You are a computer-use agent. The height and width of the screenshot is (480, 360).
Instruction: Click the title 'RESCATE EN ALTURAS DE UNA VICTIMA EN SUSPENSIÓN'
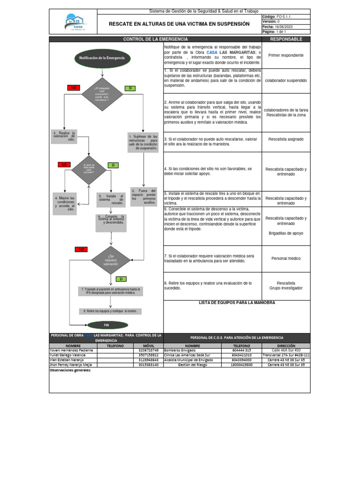pyautogui.click(x=179, y=23)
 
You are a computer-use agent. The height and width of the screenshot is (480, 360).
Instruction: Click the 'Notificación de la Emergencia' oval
pyautogui.click(x=102, y=57)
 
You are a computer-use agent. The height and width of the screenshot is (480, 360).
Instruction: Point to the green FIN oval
pyautogui.click(x=106, y=324)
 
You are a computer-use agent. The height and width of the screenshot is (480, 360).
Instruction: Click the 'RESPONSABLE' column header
pyautogui.click(x=286, y=39)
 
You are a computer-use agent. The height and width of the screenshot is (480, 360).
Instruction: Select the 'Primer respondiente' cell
pyautogui.click(x=286, y=55)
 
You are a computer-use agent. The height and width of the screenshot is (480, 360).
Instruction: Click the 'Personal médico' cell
pyautogui.click(x=286, y=258)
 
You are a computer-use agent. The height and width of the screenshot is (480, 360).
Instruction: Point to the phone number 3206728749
pyautogui.click(x=149, y=350)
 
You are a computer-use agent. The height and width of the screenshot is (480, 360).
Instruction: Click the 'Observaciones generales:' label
pyautogui.click(x=70, y=370)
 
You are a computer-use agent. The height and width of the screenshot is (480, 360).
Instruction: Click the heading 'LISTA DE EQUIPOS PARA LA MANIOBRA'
pyautogui.click(x=237, y=303)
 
